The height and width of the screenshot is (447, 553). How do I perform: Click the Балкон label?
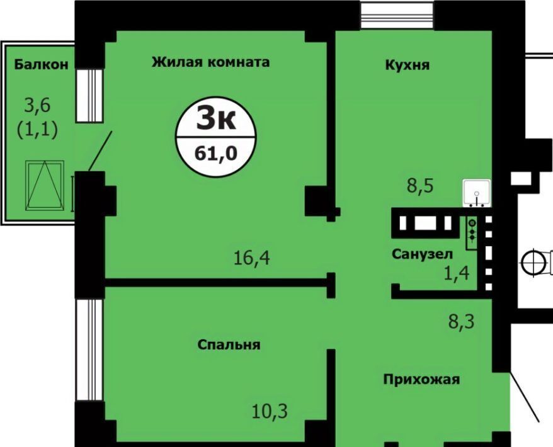tap(42, 64)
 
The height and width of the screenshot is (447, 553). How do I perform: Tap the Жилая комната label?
tap(211, 62)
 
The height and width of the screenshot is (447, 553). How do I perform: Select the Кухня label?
tap(408, 65)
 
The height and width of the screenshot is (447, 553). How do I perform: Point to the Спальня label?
tap(229, 344)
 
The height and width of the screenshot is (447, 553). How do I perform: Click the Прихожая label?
tap(421, 380)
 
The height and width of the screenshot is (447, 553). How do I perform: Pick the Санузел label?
tap(422, 254)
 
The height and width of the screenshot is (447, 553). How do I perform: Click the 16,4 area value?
tap(252, 258)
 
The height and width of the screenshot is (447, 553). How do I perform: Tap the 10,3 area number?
tap(270, 411)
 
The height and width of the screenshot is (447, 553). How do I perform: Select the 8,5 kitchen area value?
tap(420, 186)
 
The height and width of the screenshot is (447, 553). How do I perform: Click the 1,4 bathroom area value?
tap(457, 273)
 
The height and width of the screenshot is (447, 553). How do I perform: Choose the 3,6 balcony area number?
tap(37, 105)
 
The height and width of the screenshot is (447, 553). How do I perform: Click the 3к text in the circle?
tap(216, 118)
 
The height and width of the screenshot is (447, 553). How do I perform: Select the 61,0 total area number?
tap(216, 154)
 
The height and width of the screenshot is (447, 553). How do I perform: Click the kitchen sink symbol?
tap(477, 193)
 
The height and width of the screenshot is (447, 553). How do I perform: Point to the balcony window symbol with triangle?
tap(45, 186)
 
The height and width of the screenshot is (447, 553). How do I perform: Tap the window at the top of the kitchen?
tap(397, 15)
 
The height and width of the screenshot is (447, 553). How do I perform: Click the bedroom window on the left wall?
tap(89, 349)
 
